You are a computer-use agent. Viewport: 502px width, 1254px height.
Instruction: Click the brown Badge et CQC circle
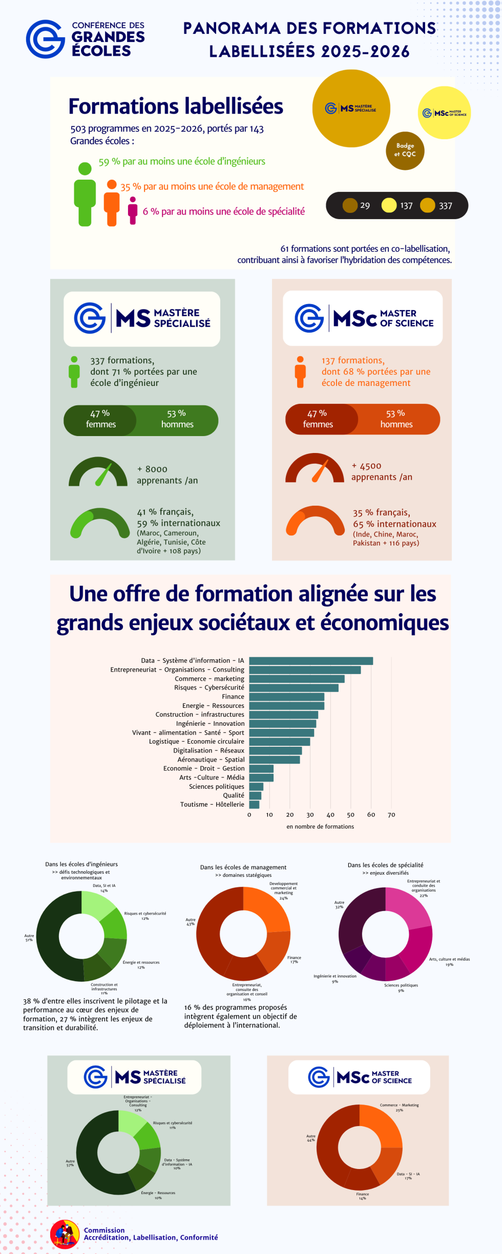coord(405,150)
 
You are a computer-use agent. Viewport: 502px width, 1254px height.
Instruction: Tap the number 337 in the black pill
coord(445,206)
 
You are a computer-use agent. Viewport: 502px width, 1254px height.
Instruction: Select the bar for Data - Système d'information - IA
coord(311,661)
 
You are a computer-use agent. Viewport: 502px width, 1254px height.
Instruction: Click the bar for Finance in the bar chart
coord(287,697)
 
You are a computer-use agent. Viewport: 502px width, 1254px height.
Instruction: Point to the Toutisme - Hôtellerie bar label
coord(212,805)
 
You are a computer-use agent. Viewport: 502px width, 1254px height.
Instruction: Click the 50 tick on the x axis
coord(351,815)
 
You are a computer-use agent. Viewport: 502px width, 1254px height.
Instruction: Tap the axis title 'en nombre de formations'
coord(320,827)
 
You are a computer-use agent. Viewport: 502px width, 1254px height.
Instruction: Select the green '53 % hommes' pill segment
coord(177,419)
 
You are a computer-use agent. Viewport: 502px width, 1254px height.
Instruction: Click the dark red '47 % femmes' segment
coord(318,419)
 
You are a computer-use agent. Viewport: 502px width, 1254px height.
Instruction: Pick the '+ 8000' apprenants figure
coord(152,469)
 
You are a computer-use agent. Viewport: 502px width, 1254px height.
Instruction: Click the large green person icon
coord(85,194)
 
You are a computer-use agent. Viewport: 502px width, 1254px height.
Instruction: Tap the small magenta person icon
coord(133,210)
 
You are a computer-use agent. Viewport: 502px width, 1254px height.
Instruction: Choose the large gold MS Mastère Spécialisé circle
coord(351,109)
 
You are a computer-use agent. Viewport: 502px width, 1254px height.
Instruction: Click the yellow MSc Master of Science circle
coord(444,113)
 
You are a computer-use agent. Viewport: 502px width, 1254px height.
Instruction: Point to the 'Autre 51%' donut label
coord(29,938)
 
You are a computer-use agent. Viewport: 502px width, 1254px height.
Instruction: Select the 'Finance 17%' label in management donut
coord(294,960)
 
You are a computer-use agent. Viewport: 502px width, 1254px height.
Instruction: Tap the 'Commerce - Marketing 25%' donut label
coord(399,1108)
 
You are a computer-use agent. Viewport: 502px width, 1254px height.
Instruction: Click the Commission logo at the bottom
coord(65,1234)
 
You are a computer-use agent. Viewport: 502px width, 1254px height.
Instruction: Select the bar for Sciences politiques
coord(256,787)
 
